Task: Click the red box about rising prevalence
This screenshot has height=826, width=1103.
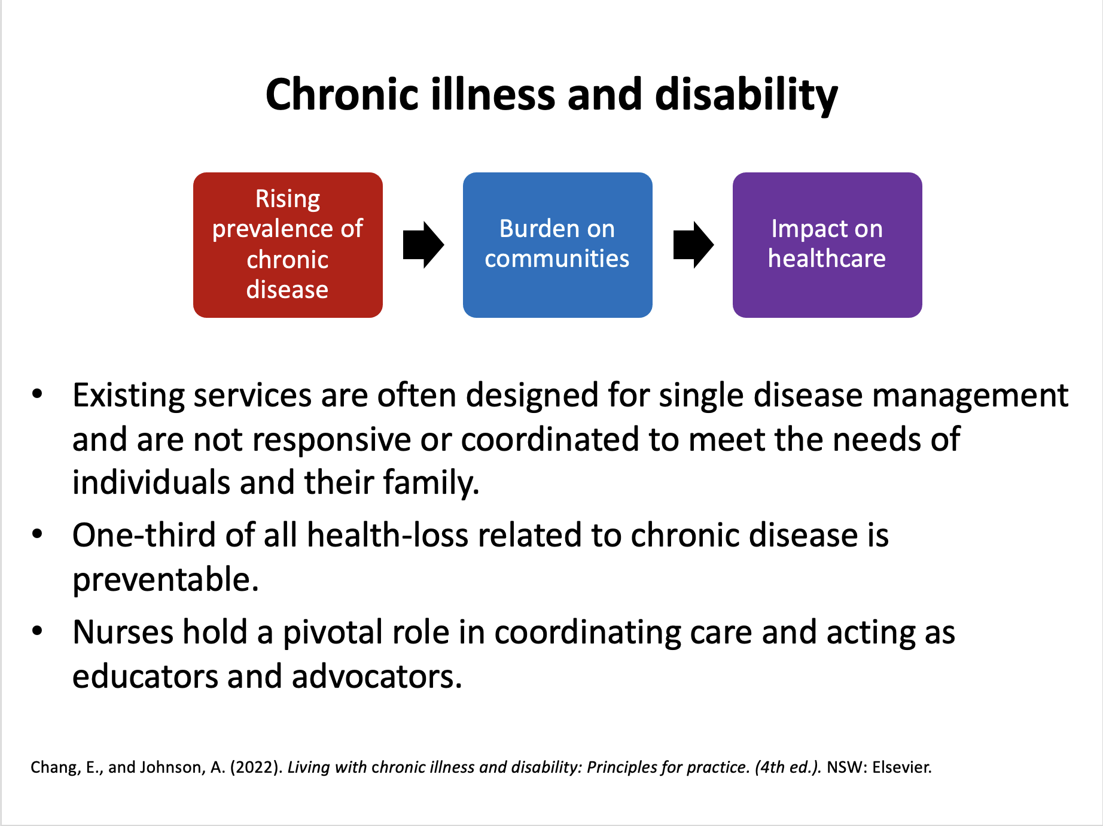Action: tap(288, 245)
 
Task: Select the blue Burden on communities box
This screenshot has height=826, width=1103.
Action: tap(557, 245)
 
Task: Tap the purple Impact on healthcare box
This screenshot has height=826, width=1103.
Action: tap(827, 245)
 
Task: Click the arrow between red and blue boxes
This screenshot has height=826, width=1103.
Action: tap(423, 245)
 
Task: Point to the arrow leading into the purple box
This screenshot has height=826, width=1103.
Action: tap(693, 245)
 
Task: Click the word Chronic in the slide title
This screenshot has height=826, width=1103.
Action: tap(342, 95)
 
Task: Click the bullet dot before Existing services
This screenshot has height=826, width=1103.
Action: tap(37, 394)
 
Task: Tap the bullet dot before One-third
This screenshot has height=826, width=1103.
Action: tap(37, 533)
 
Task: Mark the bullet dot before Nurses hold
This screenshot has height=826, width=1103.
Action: tap(37, 631)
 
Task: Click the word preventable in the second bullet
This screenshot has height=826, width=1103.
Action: tap(165, 579)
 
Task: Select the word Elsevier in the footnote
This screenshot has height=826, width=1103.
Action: tap(901, 767)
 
